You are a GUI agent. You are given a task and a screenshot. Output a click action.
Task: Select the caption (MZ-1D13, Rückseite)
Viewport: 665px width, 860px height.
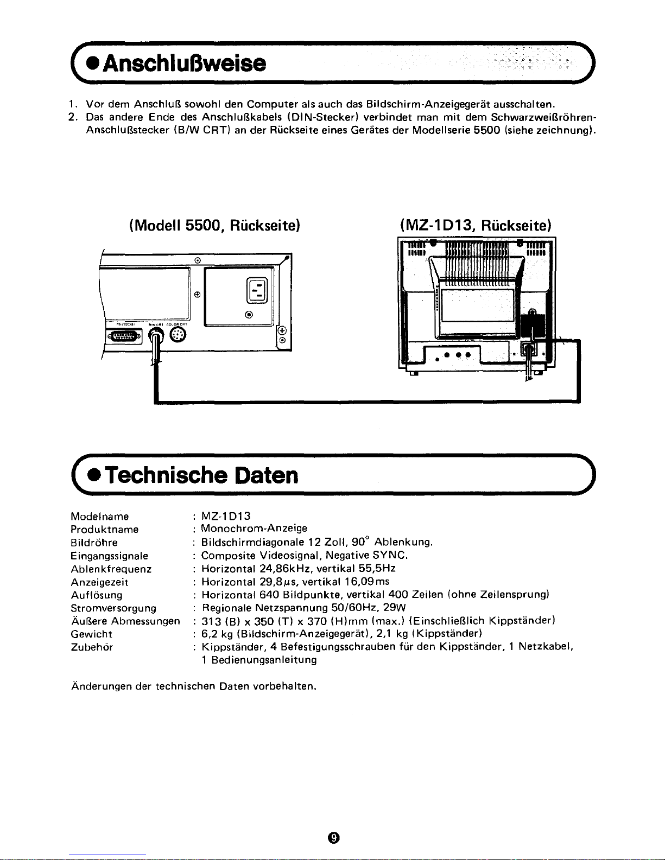(x=475, y=224)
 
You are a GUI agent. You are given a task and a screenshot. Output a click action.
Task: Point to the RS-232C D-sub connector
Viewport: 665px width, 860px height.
(x=124, y=337)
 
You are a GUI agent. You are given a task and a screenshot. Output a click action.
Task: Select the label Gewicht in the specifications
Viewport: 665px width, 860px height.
(x=91, y=634)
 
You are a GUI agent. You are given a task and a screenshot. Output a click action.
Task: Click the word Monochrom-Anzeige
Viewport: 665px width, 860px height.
(x=254, y=528)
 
